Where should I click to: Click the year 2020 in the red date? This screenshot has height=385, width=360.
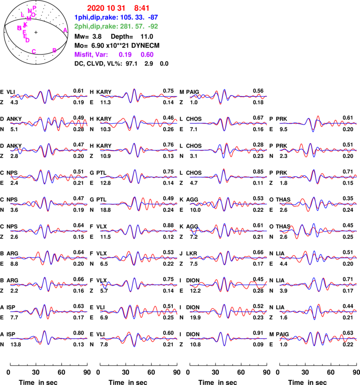(x=95, y=8)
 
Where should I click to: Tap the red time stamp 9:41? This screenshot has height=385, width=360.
(x=142, y=8)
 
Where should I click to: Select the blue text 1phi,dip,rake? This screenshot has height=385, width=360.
(x=96, y=18)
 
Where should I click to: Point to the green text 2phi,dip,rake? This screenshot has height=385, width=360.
(x=96, y=27)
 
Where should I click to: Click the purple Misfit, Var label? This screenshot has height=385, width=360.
(x=91, y=54)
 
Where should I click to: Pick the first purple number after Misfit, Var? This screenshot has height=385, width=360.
(x=125, y=54)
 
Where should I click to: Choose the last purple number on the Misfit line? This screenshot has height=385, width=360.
(x=147, y=54)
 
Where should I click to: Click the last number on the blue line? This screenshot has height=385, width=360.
(x=153, y=18)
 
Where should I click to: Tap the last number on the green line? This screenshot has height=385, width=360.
(x=153, y=27)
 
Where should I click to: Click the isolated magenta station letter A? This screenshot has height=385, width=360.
(x=65, y=30)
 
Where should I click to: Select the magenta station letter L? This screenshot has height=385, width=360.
(x=22, y=15)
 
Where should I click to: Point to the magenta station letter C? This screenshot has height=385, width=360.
(x=34, y=51)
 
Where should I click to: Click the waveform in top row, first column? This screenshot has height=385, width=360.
(x=49, y=96)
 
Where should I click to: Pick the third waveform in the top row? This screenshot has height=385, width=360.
(x=229, y=96)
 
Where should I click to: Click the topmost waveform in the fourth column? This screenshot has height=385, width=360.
(x=319, y=123)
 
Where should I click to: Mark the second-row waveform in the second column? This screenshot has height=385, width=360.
(x=139, y=123)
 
